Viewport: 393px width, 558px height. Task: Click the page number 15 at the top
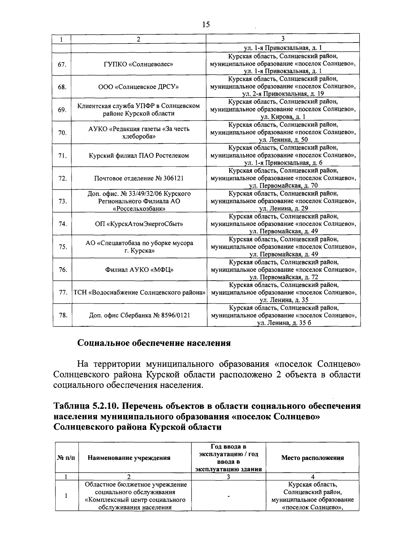pyautogui.click(x=206, y=25)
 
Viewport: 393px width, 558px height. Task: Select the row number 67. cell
pyautogui.click(x=62, y=64)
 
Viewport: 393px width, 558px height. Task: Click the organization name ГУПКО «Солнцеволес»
pyautogui.click(x=139, y=64)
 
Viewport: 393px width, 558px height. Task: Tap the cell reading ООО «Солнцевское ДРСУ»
pyautogui.click(x=139, y=87)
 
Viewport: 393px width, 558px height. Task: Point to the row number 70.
pyautogui.click(x=62, y=133)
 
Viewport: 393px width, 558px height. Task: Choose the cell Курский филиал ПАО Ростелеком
pyautogui.click(x=139, y=156)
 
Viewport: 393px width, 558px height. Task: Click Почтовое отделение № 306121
pyautogui.click(x=139, y=178)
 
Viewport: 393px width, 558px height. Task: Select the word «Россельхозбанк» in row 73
pyautogui.click(x=139, y=209)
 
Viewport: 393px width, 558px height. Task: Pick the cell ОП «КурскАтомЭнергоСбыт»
pyautogui.click(x=139, y=224)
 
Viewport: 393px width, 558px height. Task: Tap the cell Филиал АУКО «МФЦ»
pyautogui.click(x=139, y=270)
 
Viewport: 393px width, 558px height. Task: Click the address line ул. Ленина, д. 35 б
pyautogui.click(x=284, y=323)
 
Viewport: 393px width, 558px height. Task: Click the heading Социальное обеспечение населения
pyautogui.click(x=154, y=343)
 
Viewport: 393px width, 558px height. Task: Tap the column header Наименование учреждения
pyautogui.click(x=129, y=458)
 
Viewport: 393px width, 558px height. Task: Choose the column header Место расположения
pyautogui.click(x=312, y=458)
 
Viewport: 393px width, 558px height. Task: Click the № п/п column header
pyautogui.click(x=66, y=458)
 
